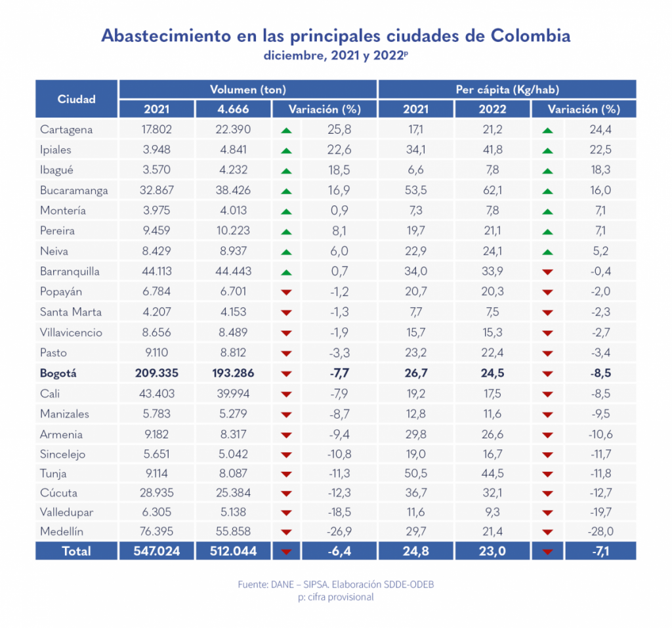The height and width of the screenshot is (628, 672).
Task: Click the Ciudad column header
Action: click(x=77, y=99)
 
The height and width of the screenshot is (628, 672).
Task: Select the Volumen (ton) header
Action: click(x=247, y=89)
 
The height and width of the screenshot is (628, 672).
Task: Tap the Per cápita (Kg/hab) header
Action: click(x=507, y=89)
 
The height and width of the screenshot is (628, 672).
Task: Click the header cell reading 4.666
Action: click(x=233, y=109)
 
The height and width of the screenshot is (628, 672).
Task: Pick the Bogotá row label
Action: click(x=58, y=373)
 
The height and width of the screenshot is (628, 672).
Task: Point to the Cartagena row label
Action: click(x=66, y=129)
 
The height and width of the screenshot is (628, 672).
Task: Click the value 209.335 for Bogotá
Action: click(x=156, y=373)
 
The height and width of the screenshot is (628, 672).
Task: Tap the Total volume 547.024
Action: click(x=156, y=551)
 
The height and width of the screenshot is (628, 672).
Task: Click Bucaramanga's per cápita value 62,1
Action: click(x=492, y=190)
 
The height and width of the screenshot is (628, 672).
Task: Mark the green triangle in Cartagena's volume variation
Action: click(x=285, y=131)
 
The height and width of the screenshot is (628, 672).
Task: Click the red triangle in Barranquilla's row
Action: click(x=547, y=272)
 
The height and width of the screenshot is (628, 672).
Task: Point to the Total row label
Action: click(x=77, y=551)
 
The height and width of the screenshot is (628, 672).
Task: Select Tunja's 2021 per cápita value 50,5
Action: click(x=416, y=474)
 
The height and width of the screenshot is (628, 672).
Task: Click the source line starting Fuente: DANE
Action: click(x=335, y=583)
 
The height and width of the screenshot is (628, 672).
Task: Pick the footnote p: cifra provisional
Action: click(x=335, y=597)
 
